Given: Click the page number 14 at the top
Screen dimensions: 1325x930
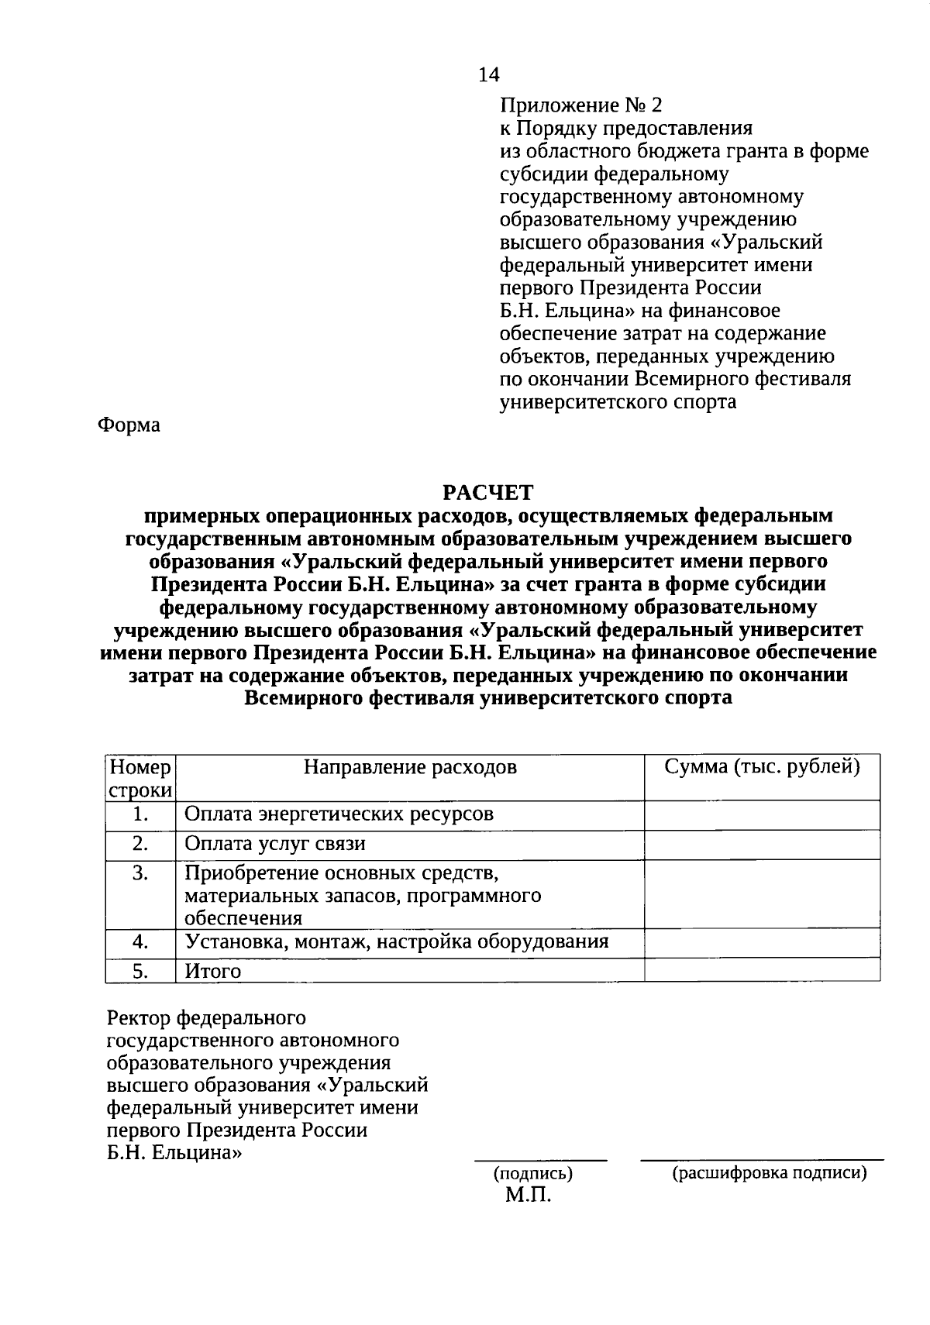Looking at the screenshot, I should [x=489, y=74].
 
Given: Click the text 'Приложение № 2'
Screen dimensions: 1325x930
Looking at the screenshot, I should [x=581, y=105].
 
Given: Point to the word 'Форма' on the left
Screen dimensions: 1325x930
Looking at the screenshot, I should [x=129, y=425].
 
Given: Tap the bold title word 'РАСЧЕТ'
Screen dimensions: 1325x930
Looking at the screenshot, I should [x=488, y=492].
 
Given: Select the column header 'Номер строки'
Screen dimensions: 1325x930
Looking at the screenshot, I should [x=140, y=778].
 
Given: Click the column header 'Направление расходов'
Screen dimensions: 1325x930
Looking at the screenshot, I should [x=410, y=767].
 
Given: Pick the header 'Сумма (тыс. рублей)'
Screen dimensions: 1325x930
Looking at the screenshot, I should [x=763, y=767].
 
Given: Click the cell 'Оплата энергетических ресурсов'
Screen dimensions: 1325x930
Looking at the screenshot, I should [x=339, y=814].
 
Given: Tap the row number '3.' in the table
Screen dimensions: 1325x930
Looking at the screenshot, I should [x=140, y=874].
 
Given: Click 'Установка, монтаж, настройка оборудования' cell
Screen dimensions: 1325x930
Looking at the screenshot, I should [x=396, y=941].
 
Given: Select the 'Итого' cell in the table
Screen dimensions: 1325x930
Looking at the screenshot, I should [x=213, y=971].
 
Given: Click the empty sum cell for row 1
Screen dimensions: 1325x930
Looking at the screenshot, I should [x=763, y=815].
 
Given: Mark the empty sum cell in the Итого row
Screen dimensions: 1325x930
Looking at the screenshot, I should [x=763, y=970].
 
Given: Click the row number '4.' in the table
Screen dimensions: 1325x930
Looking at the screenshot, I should [x=140, y=941].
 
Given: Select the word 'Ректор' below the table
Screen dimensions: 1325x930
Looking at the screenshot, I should [x=139, y=1017].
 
